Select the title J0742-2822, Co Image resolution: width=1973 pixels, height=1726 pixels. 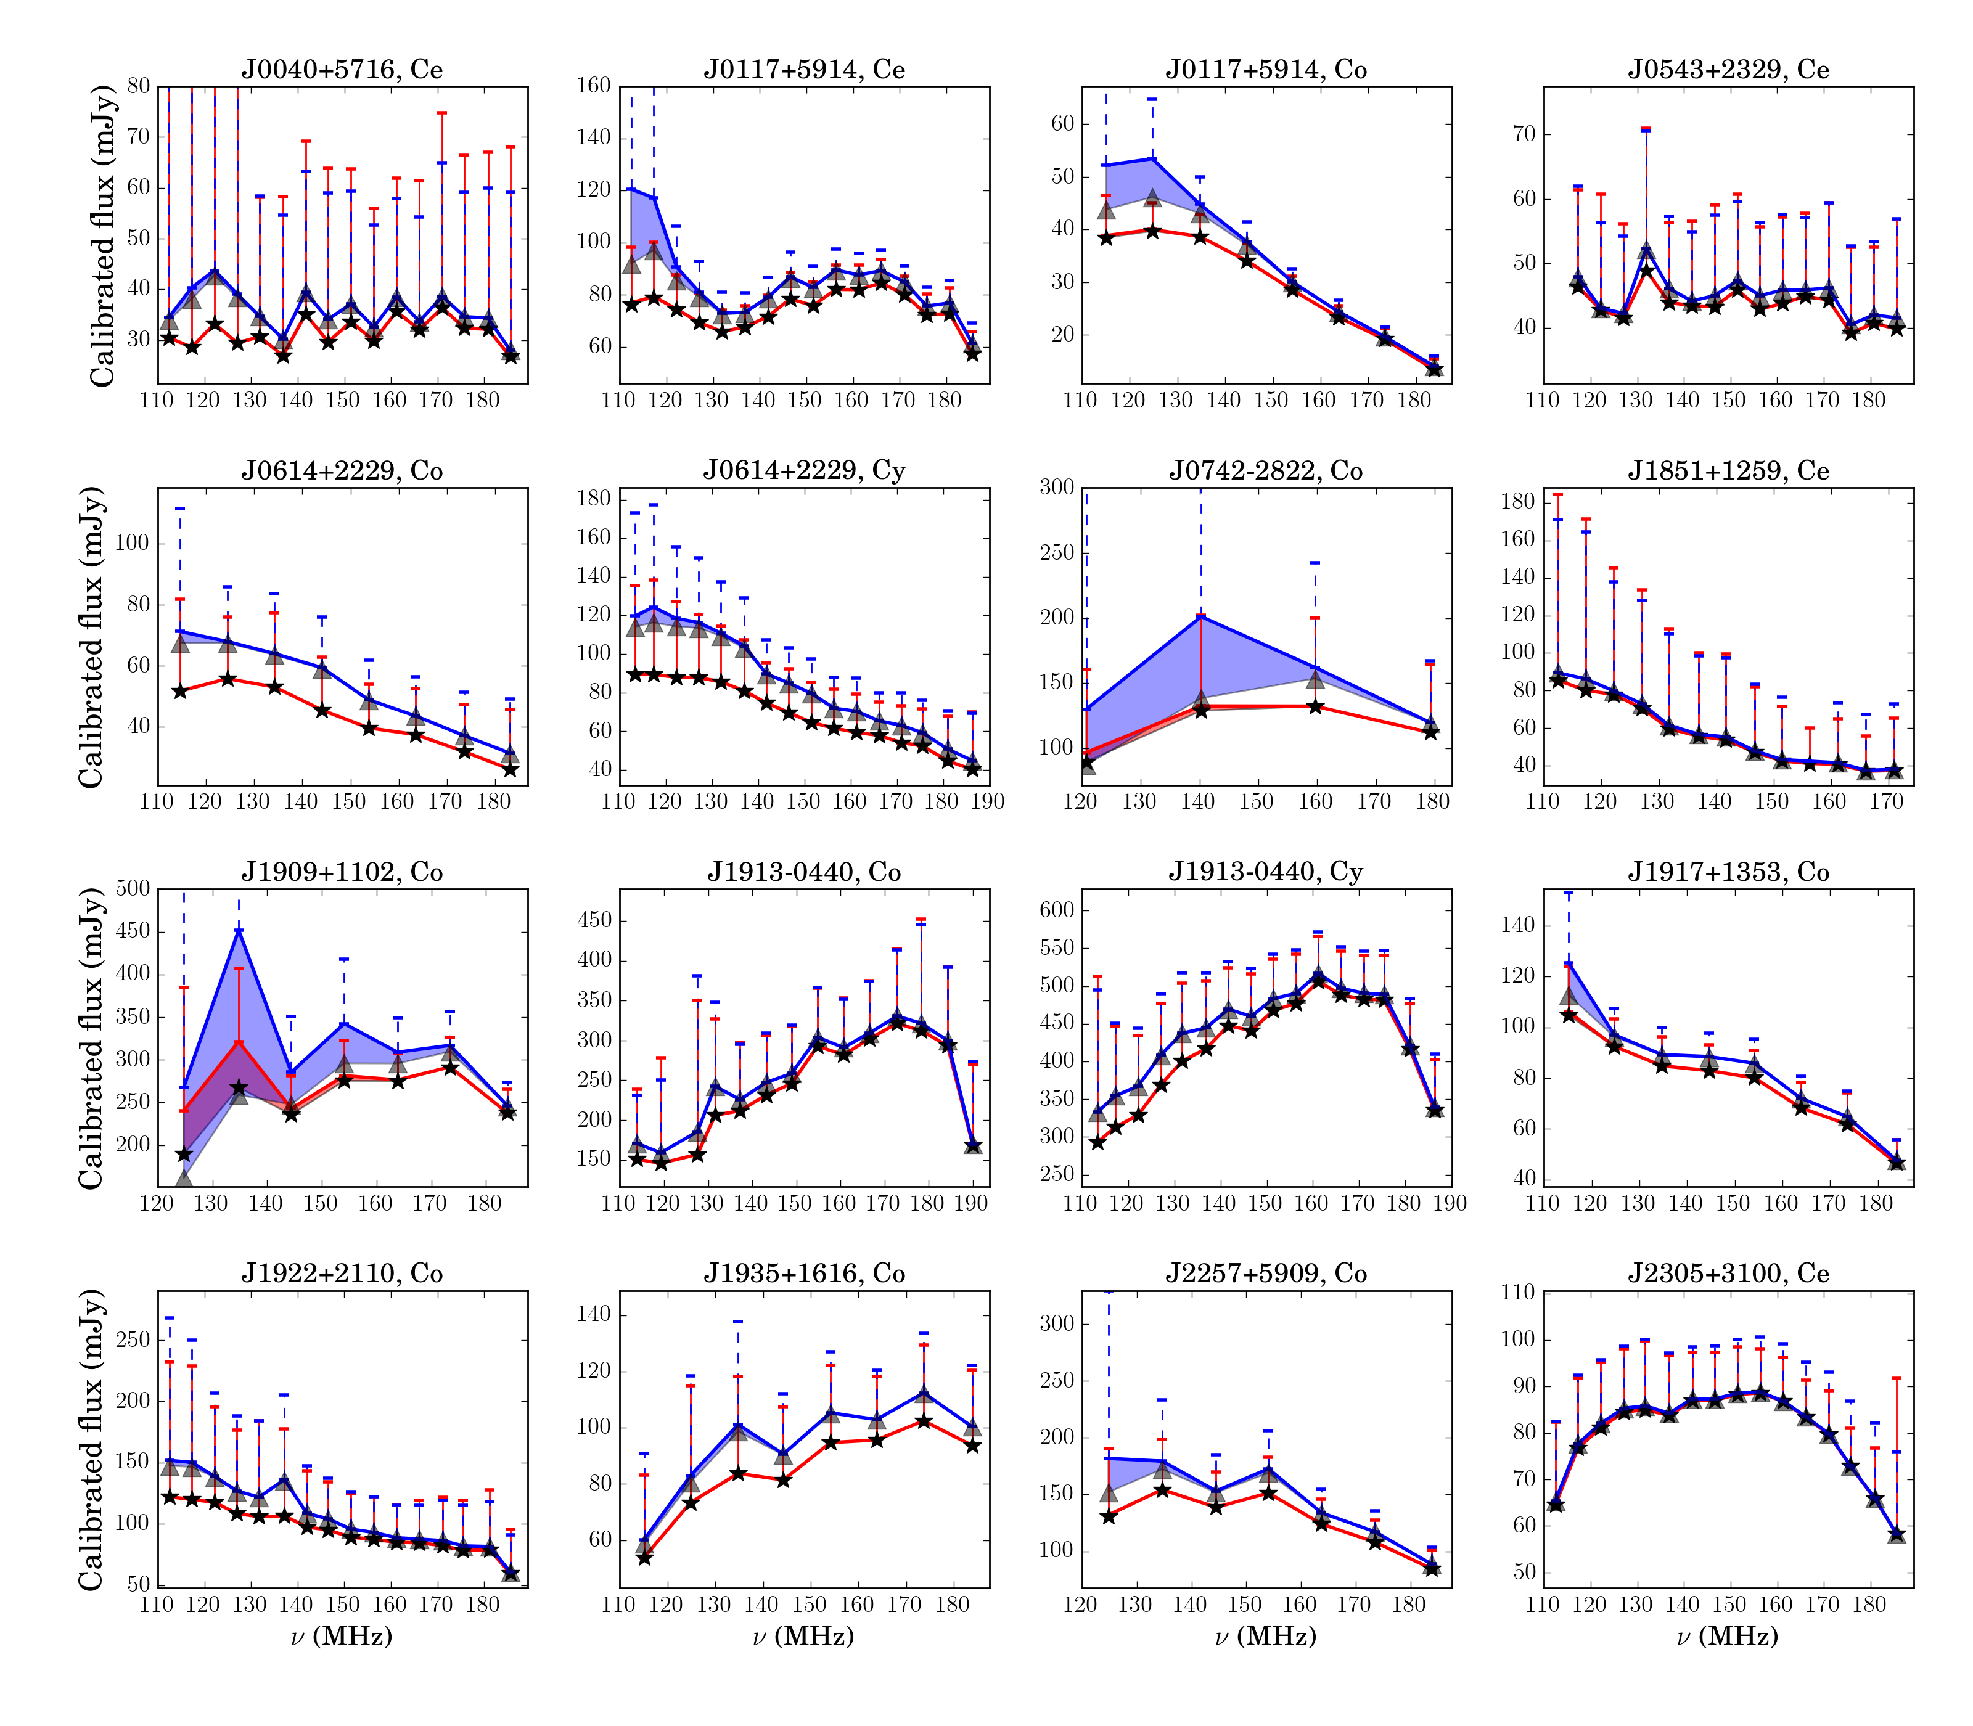click(1266, 471)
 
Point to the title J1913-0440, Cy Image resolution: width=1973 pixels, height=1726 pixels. click(1266, 872)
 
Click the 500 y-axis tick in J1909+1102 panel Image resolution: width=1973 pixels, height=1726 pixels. click(133, 889)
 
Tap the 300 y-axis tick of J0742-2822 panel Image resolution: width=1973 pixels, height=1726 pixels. click(1058, 488)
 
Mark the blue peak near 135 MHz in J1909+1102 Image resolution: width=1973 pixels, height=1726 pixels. click(239, 930)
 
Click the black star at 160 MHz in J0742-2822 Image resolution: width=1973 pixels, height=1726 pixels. click(1316, 706)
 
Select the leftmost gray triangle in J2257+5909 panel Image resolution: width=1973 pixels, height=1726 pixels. click(1108, 1492)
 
